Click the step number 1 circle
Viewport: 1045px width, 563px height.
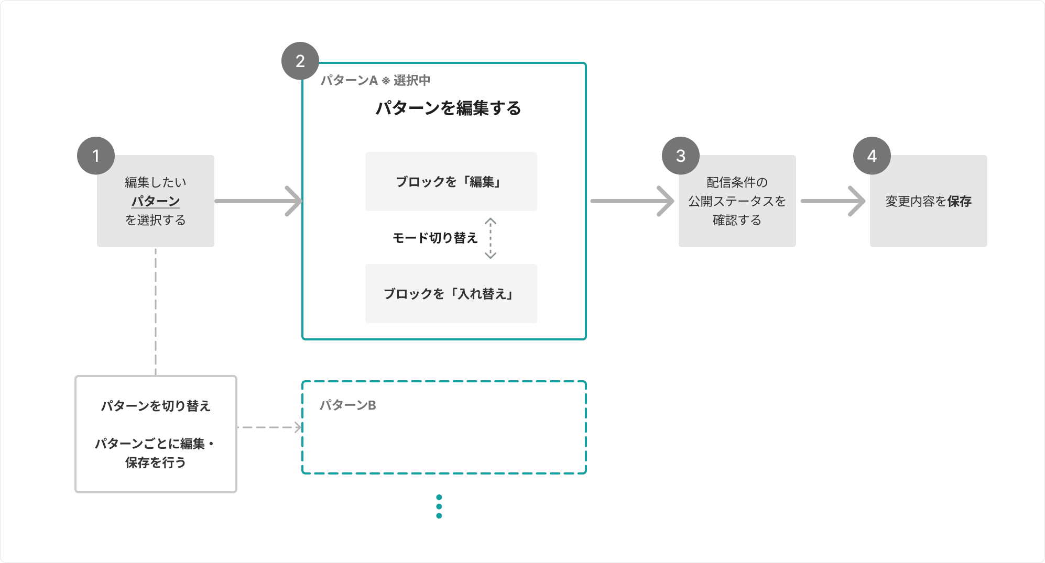[96, 156]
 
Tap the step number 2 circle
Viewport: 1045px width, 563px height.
[300, 61]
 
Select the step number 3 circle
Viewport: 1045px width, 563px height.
[681, 156]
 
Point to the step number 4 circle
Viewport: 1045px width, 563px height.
[872, 156]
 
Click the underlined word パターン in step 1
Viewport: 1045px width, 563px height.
[156, 201]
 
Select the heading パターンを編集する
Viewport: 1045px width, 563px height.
[449, 108]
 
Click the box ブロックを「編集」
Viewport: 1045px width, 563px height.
[451, 181]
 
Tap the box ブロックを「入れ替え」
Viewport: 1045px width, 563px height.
[451, 293]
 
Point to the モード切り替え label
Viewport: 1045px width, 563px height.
[435, 238]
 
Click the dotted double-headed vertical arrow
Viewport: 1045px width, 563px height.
[491, 238]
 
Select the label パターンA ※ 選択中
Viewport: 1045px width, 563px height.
[375, 80]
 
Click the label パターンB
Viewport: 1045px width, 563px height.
[348, 405]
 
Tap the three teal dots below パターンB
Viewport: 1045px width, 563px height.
[439, 506]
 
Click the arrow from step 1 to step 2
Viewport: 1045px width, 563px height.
[259, 201]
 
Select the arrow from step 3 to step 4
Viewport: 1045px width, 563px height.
[833, 201]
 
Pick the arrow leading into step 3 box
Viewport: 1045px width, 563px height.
[632, 201]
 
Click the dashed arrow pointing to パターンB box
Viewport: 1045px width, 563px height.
[270, 427]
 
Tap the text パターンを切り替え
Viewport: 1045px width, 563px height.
[156, 406]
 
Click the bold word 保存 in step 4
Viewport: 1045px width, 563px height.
[960, 201]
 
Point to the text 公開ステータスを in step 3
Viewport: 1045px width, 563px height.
[737, 201]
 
